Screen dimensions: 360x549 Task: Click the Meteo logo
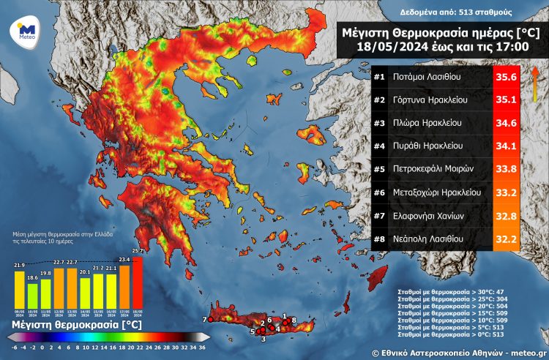click(26, 32)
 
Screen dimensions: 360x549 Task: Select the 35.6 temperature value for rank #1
click(503, 77)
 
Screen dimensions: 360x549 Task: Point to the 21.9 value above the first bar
click(19, 264)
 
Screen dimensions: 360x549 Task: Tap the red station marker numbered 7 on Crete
click(211, 320)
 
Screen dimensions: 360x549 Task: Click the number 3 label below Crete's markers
click(264, 339)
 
